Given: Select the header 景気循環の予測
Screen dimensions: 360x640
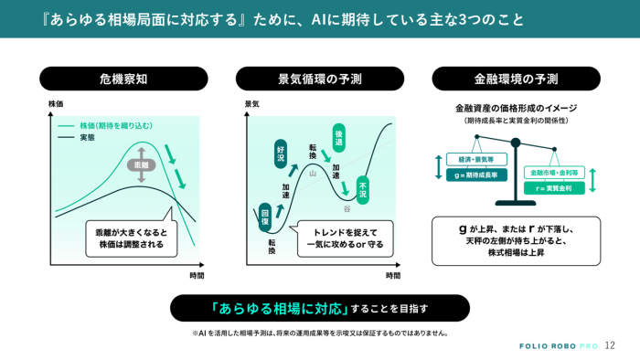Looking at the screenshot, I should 320,78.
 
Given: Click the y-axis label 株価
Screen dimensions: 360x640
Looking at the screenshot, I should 56,103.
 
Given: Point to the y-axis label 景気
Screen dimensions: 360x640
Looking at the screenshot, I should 252,103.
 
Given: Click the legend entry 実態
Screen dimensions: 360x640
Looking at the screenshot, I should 89,137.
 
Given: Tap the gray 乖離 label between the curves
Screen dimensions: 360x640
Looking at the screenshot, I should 141,165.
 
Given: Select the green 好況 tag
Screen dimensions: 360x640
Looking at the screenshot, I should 281,152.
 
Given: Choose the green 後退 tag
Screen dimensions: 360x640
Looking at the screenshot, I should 339,137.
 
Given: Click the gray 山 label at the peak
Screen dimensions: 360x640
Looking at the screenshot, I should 313,172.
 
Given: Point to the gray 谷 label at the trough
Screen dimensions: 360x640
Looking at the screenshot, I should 347,208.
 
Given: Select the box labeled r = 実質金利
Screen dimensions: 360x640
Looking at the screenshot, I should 553,187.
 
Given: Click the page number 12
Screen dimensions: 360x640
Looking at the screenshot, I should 610,344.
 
